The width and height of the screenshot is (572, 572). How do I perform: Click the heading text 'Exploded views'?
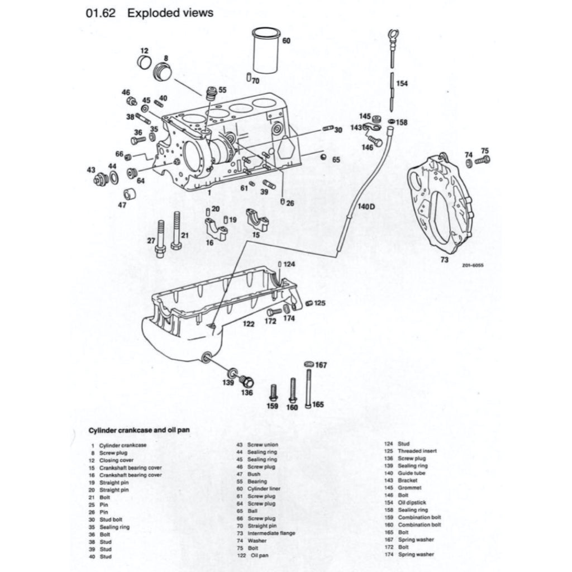pos(170,13)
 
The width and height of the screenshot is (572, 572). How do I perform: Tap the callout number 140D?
pos(366,206)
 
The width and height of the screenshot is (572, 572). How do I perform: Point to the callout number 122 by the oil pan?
pos(249,323)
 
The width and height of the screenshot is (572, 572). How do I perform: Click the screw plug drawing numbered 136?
pos(246,382)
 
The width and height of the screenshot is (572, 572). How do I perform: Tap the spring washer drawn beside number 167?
pos(308,364)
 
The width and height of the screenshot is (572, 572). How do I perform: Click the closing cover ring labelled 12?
pos(145,61)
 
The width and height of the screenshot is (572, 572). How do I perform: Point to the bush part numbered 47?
pos(130,194)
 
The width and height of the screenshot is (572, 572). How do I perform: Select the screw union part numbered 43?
pos(101,179)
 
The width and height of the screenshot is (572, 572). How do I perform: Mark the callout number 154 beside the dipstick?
pos(402,83)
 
